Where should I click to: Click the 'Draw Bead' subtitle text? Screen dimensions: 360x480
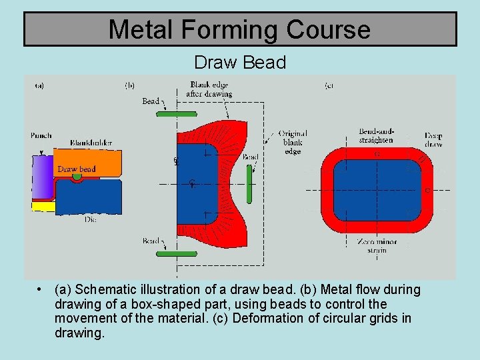(x=240, y=63)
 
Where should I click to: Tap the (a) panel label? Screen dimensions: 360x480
(x=40, y=85)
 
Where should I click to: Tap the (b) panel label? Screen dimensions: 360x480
(x=130, y=85)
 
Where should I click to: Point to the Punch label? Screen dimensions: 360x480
(x=41, y=136)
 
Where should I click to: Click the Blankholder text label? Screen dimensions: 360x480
(x=91, y=143)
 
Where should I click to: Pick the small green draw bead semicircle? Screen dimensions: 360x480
(x=78, y=178)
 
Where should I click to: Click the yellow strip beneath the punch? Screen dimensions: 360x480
(x=43, y=207)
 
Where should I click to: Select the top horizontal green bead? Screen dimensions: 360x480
(x=177, y=115)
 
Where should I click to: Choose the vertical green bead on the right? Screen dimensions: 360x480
(x=248, y=184)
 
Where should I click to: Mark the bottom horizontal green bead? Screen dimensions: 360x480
(x=177, y=253)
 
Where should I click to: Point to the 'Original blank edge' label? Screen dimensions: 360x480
(x=293, y=142)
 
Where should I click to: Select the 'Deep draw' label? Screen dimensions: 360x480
(x=433, y=140)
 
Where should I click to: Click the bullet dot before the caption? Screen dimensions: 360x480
(x=41, y=289)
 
